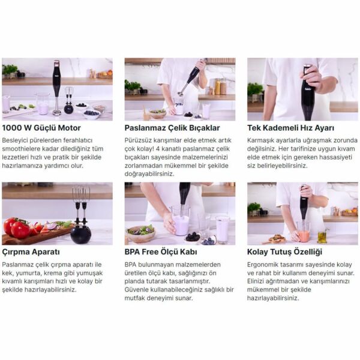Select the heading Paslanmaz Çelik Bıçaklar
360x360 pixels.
click(x=172, y=128)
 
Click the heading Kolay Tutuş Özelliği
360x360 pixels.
click(x=284, y=252)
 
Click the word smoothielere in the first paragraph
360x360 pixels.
click(x=24, y=148)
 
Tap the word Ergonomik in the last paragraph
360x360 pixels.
click(x=264, y=264)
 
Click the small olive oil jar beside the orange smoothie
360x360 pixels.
click(x=322, y=236)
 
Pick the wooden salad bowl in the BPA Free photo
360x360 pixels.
click(x=140, y=233)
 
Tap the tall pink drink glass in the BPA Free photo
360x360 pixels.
click(x=222, y=229)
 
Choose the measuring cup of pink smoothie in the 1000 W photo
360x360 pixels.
click(x=43, y=105)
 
